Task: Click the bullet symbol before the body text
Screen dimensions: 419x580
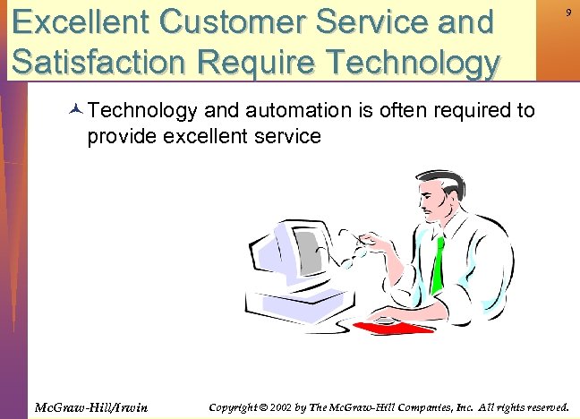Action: click(x=76, y=112)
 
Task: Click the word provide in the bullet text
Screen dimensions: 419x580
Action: click(x=121, y=136)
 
